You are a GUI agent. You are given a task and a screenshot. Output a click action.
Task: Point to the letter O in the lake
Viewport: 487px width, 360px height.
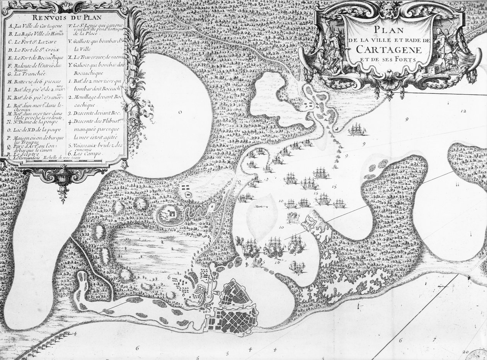click(x=180, y=112)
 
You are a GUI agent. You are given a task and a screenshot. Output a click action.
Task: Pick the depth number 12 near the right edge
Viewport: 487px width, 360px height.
click(x=464, y=111)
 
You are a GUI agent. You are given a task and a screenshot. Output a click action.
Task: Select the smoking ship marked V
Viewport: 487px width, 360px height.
click(x=297, y=267)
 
